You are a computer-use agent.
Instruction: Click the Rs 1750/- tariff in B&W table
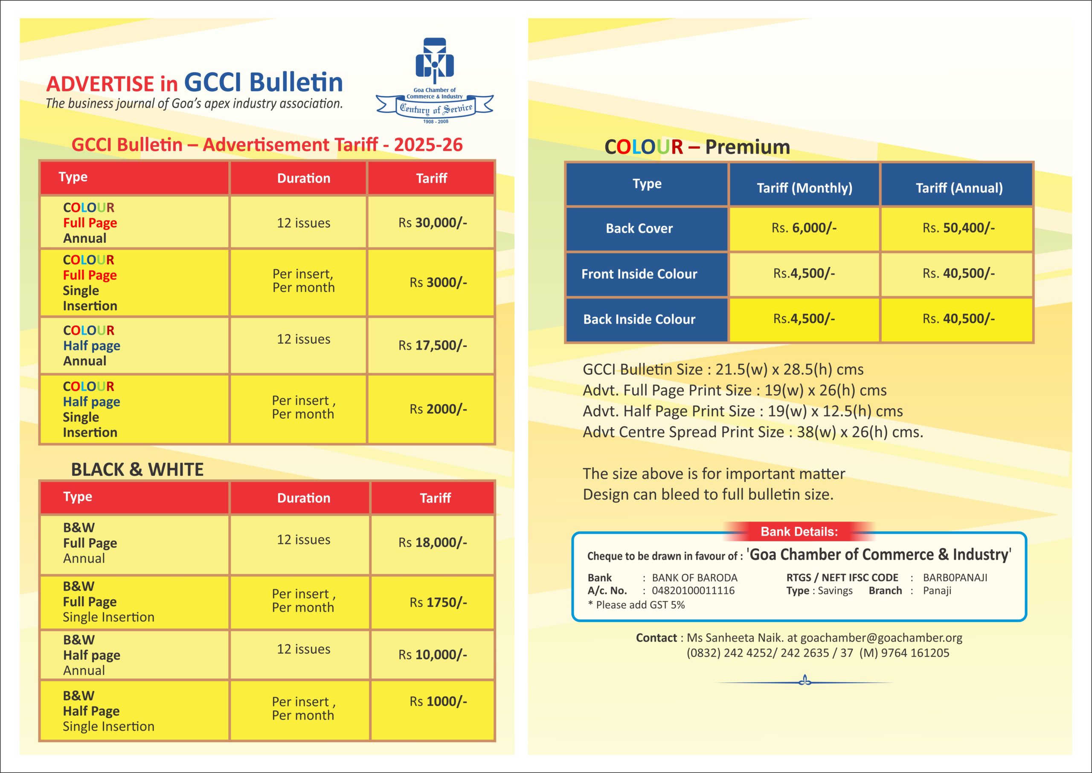coord(438,602)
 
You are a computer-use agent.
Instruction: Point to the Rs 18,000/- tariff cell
coord(433,542)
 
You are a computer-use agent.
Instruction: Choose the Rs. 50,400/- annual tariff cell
coord(958,228)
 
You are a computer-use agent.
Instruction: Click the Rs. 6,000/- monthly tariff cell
coord(804,228)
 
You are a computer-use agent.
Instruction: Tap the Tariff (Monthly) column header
coord(804,188)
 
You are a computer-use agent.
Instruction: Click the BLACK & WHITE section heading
coord(137,470)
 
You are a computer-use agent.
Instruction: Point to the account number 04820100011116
coord(693,591)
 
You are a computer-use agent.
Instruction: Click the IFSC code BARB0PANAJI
coord(955,578)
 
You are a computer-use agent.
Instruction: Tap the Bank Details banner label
coord(799,532)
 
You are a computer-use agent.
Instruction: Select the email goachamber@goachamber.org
coord(881,638)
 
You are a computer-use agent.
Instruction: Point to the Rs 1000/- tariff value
coord(438,701)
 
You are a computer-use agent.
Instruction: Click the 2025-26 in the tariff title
coord(428,145)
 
